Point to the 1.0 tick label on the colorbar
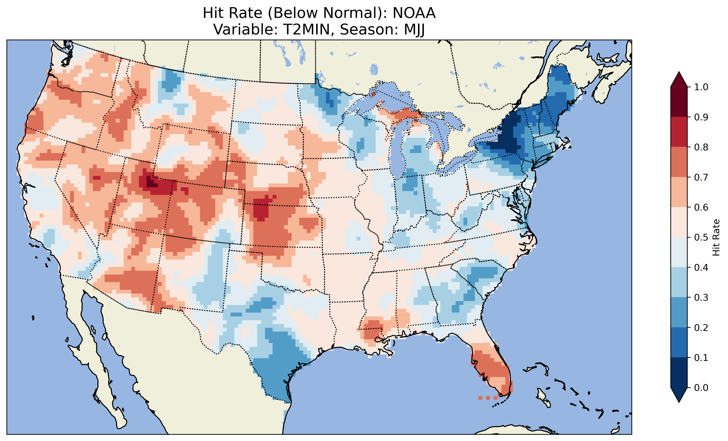pyautogui.click(x=701, y=87)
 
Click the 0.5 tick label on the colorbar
pyautogui.click(x=701, y=237)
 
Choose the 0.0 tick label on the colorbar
pyautogui.click(x=701, y=388)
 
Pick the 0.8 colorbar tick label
pyautogui.click(x=701, y=147)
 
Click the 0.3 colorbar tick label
pyautogui.click(x=701, y=298)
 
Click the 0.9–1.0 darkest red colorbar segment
pyautogui.click(x=679, y=102)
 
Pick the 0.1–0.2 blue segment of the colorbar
pyautogui.click(x=679, y=342)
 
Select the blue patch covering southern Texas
pyautogui.click(x=275, y=372)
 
